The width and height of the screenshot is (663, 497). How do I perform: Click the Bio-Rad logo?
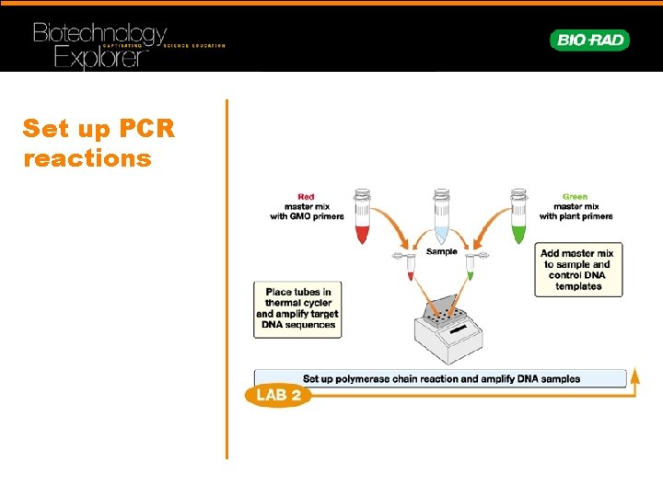589,40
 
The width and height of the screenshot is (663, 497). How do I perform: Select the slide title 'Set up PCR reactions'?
98,143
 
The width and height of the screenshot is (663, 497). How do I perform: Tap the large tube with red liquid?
361,216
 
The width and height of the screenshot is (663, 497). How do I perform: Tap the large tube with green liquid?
519,216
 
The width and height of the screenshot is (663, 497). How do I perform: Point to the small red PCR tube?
411,266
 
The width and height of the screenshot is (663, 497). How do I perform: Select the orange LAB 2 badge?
278,396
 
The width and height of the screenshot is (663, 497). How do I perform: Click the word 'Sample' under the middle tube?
441,251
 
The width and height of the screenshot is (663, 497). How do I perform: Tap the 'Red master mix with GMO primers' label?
306,207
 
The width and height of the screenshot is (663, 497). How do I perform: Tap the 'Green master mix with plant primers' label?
576,207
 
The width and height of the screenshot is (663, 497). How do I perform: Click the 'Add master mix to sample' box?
578,270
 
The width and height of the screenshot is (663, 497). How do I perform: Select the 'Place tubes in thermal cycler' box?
297,308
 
